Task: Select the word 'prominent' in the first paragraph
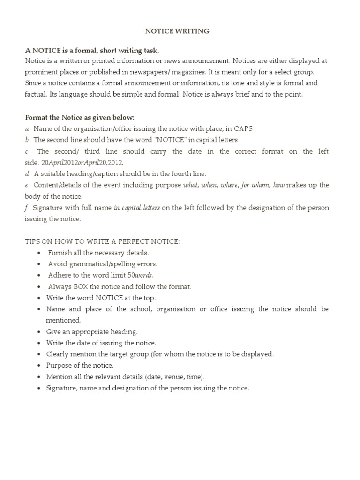coord(40,72)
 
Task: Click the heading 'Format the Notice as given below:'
coord(80,117)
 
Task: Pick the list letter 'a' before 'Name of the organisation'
coord(27,129)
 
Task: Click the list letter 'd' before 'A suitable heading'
coord(27,174)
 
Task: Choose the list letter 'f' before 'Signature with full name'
coord(27,208)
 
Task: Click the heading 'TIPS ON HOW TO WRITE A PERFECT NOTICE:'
coord(102,241)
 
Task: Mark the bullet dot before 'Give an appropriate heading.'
coord(37,332)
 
